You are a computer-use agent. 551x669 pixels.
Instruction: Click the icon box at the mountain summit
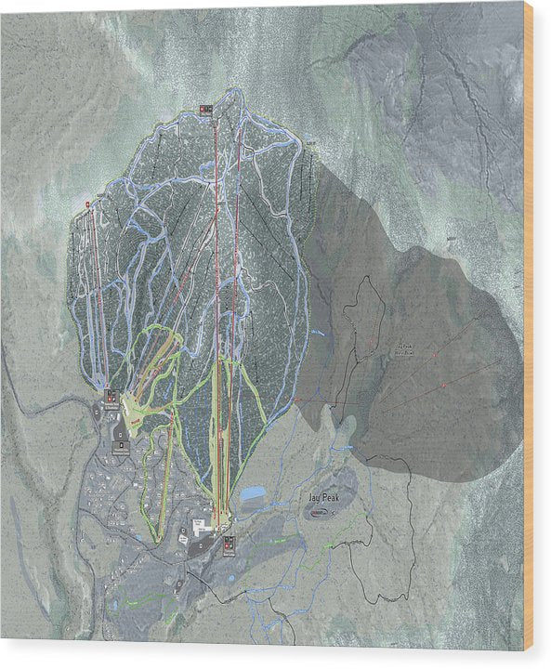tap(206, 110)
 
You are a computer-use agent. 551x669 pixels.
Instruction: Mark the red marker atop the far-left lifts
tap(87, 203)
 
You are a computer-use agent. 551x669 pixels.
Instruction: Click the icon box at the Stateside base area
tap(112, 397)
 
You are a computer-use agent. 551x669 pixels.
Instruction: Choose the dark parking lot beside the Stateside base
tap(122, 427)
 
